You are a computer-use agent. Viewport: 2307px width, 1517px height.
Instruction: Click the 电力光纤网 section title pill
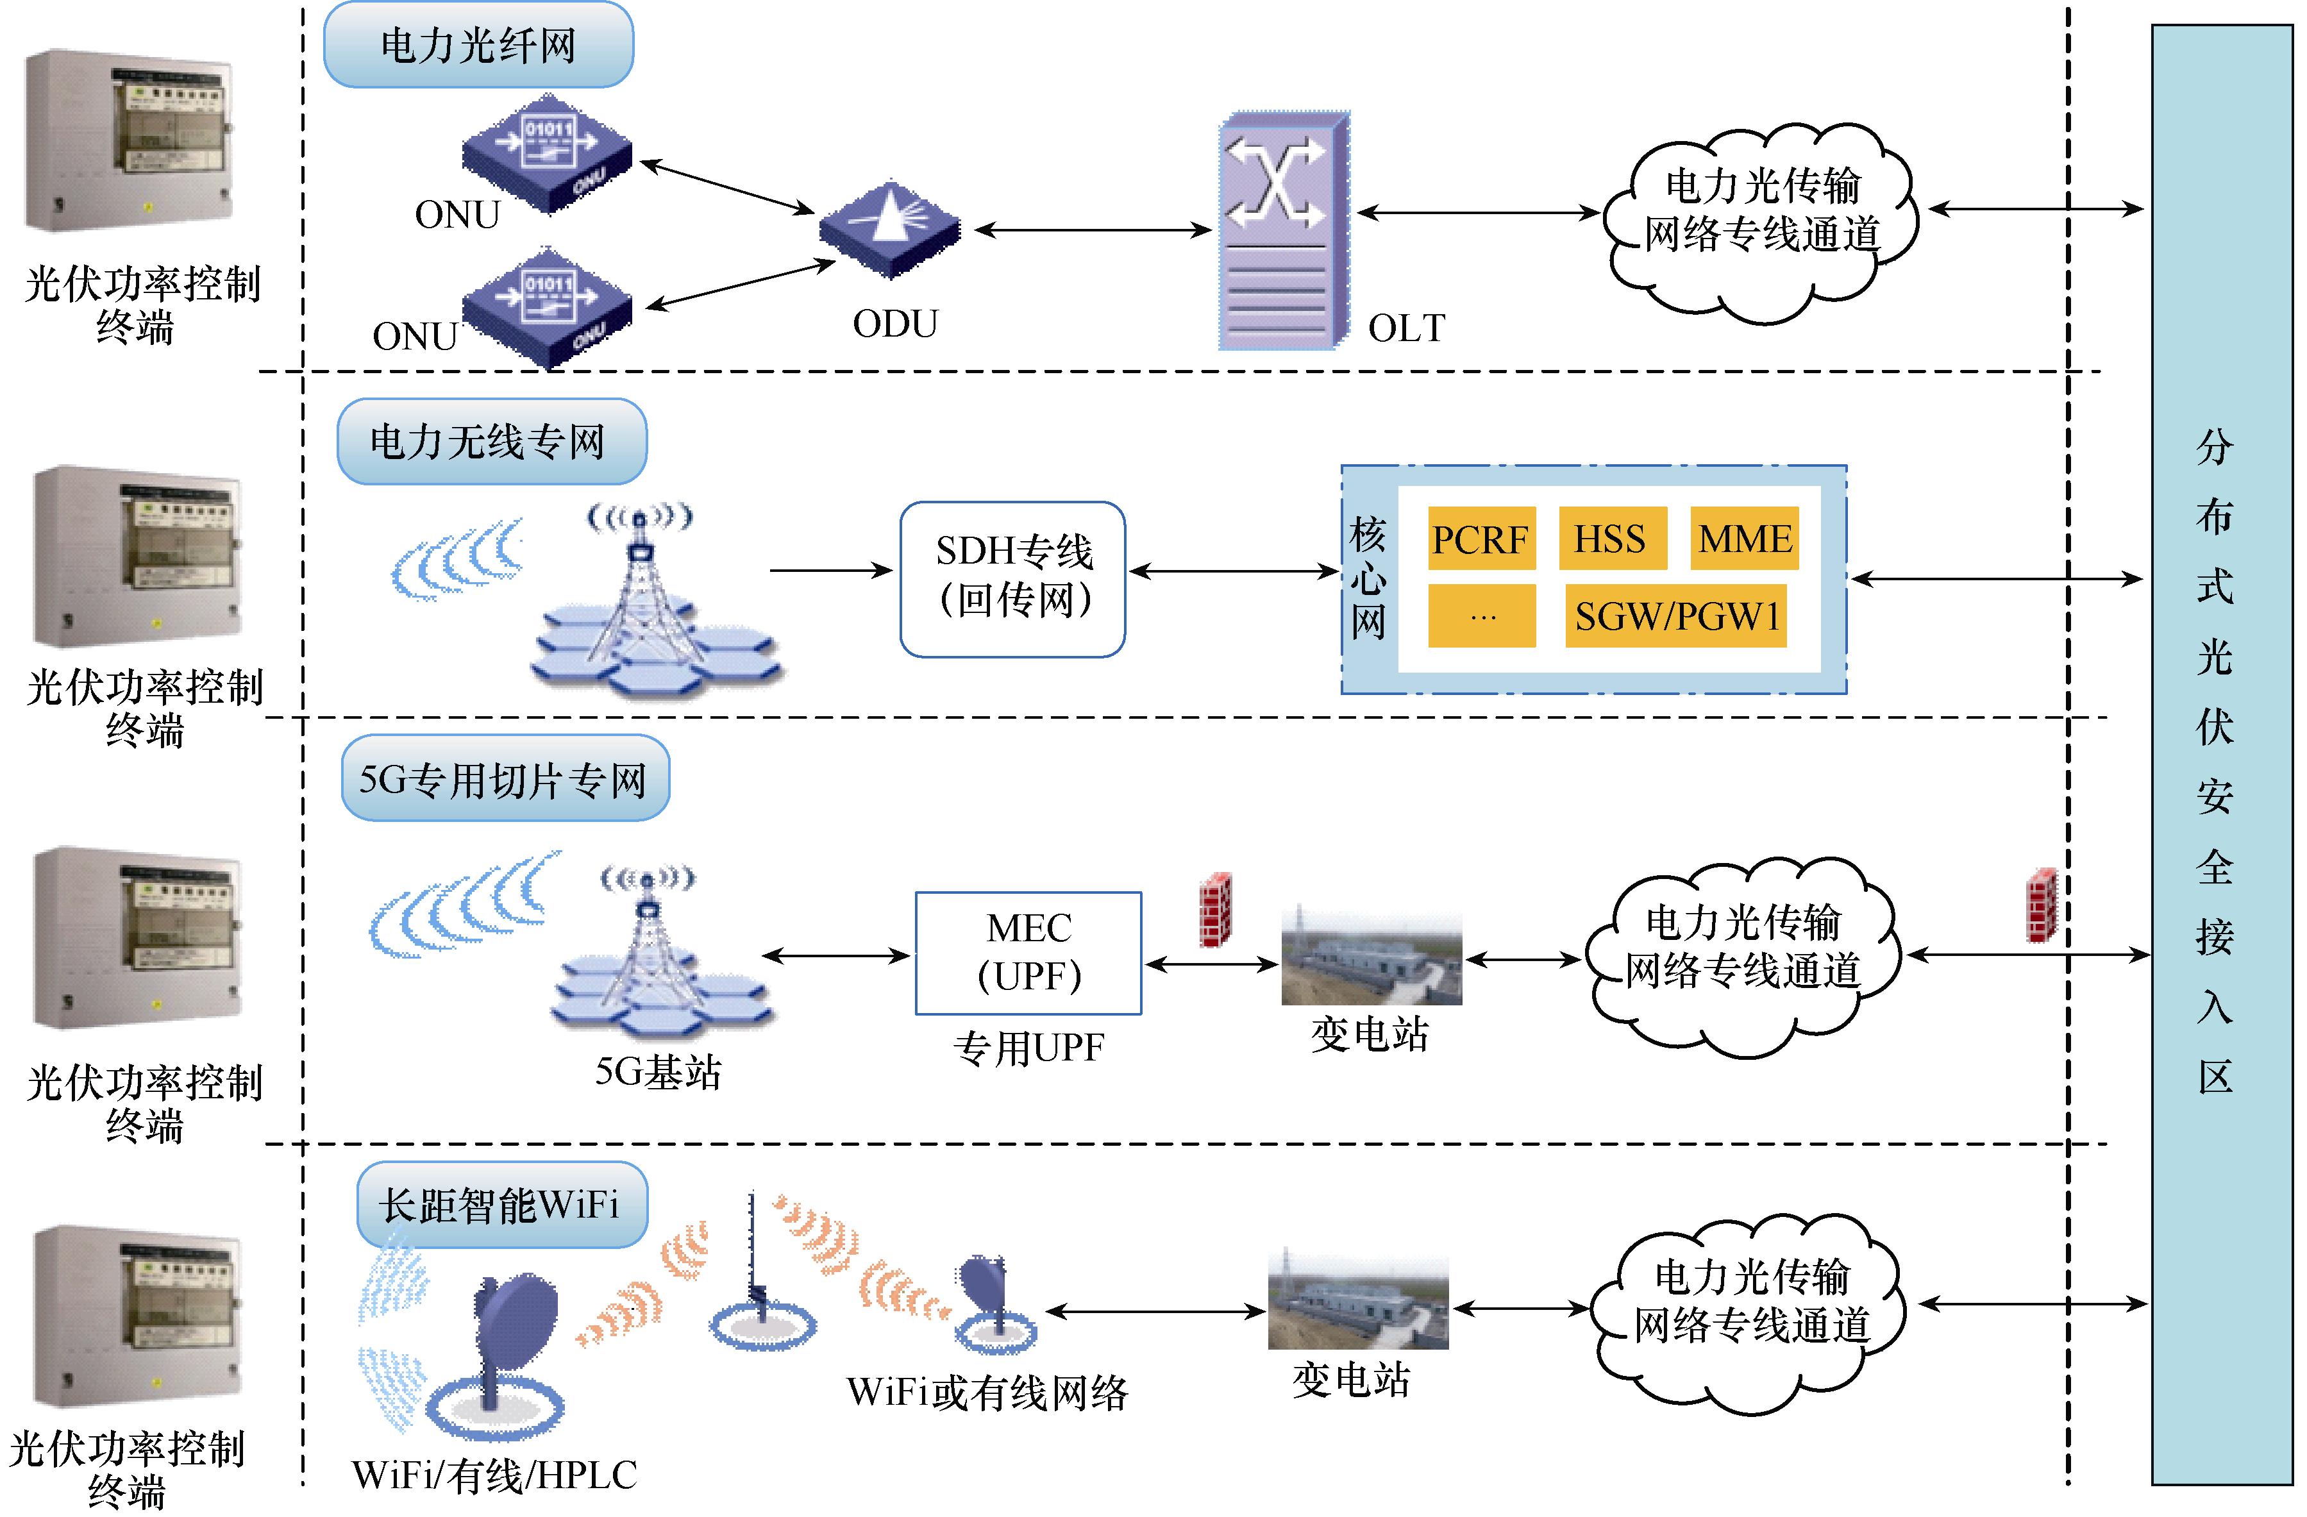pyautogui.click(x=478, y=46)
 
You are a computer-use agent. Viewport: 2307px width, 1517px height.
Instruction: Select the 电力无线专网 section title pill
pyautogui.click(x=491, y=442)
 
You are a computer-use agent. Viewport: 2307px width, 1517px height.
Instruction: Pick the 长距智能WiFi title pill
pyautogui.click(x=501, y=1205)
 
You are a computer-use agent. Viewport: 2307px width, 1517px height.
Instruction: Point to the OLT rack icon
pyautogui.click(x=1282, y=233)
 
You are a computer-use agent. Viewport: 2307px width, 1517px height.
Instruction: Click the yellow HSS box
pyautogui.click(x=1611, y=538)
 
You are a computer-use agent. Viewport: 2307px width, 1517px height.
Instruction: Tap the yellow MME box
pyautogui.click(x=1744, y=538)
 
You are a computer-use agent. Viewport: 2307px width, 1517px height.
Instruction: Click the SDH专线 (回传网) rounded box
pyautogui.click(x=1013, y=579)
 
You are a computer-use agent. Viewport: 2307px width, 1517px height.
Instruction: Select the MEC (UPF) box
pyautogui.click(x=1028, y=953)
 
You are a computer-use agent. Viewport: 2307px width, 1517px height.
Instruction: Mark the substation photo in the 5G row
pyautogui.click(x=1371, y=957)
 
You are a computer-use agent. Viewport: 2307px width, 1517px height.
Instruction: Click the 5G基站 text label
pyautogui.click(x=657, y=1072)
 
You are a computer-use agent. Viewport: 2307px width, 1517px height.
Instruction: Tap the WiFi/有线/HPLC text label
pyautogui.click(x=494, y=1474)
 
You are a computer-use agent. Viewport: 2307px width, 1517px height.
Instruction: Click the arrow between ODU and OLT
pyautogui.click(x=1093, y=231)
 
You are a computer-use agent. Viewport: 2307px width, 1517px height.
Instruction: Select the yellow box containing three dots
pyautogui.click(x=1481, y=616)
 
